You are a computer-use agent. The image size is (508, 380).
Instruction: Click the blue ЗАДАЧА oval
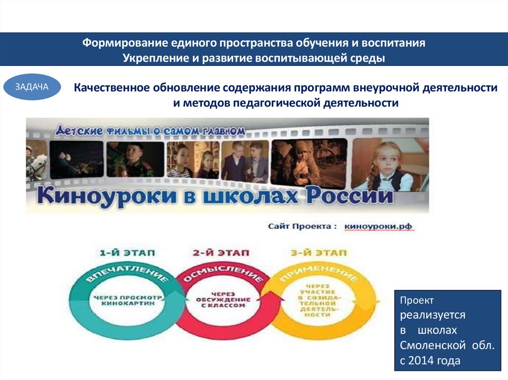[x=32, y=87]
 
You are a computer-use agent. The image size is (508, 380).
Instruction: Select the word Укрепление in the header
[x=152, y=58]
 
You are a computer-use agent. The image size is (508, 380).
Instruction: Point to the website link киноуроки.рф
[x=378, y=226]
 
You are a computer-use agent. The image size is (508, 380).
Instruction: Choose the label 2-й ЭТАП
[x=221, y=253]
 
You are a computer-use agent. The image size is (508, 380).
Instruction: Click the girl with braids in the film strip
[x=386, y=164]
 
